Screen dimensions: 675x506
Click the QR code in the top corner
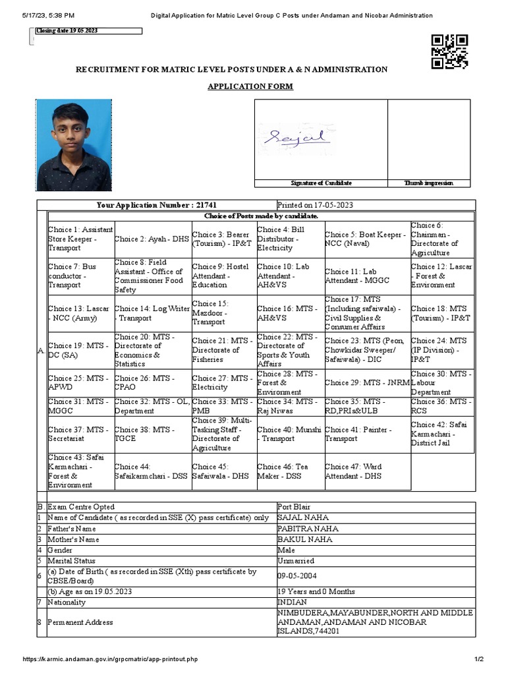coord(450,51)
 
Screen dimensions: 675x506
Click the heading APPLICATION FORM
coord(250,86)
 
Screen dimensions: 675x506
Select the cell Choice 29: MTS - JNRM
coord(367,382)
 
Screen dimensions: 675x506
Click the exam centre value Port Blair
coord(294,507)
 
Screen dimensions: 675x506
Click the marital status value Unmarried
coord(296,561)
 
